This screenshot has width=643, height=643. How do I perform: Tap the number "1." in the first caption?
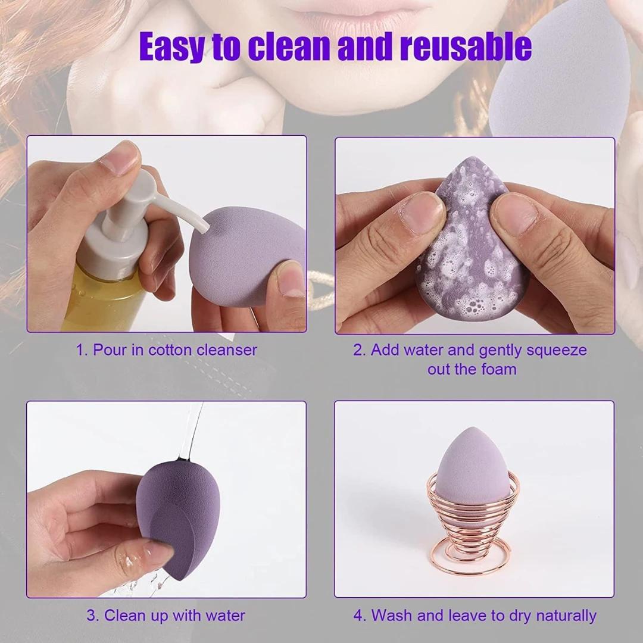pos(82,350)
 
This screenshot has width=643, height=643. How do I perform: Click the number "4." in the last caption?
pos(360,616)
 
